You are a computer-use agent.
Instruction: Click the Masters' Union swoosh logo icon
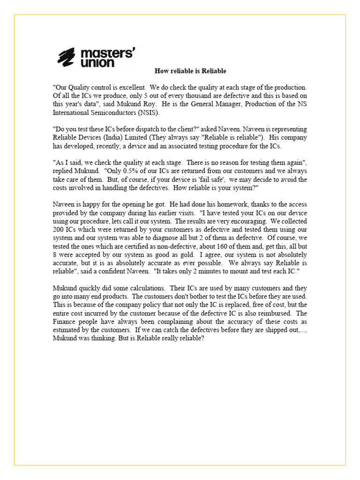pyautogui.click(x=67, y=57)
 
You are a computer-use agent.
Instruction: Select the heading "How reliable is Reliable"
pyautogui.click(x=190, y=71)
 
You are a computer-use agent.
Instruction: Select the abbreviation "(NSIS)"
pyautogui.click(x=149, y=112)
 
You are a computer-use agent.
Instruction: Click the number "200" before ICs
pyautogui.click(x=59, y=230)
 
